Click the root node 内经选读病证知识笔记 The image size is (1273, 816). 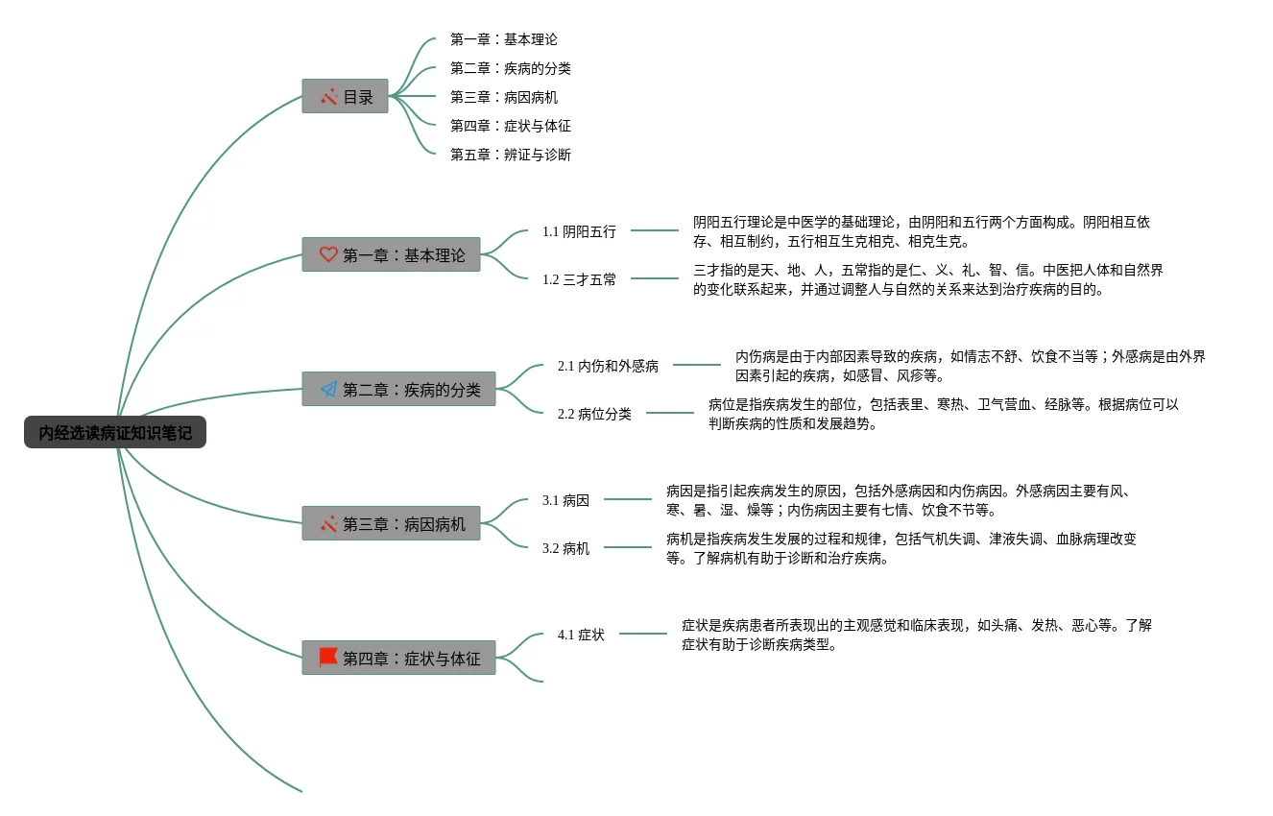[115, 432]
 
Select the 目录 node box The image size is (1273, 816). [345, 96]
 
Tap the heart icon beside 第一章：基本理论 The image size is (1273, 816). [328, 254]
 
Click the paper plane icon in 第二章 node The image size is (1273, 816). [328, 389]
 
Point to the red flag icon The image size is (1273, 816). [328, 658]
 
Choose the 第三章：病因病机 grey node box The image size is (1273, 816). [391, 523]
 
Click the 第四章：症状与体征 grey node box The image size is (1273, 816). [398, 658]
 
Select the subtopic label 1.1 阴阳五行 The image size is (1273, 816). [579, 231]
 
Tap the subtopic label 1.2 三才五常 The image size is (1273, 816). [579, 279]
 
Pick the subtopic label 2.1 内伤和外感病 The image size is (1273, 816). [608, 366]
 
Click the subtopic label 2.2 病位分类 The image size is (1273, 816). [594, 414]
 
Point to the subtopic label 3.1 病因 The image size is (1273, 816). [565, 500]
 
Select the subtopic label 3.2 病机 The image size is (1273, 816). [565, 548]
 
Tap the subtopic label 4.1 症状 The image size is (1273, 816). [581, 635]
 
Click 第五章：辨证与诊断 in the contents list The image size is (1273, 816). [511, 155]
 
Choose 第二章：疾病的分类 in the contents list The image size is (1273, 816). [511, 68]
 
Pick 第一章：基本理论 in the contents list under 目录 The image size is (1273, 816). [503, 39]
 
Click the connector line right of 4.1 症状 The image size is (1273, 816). [643, 633]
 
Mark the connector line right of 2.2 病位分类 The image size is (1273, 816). [669, 413]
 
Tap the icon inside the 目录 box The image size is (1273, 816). [328, 96]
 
